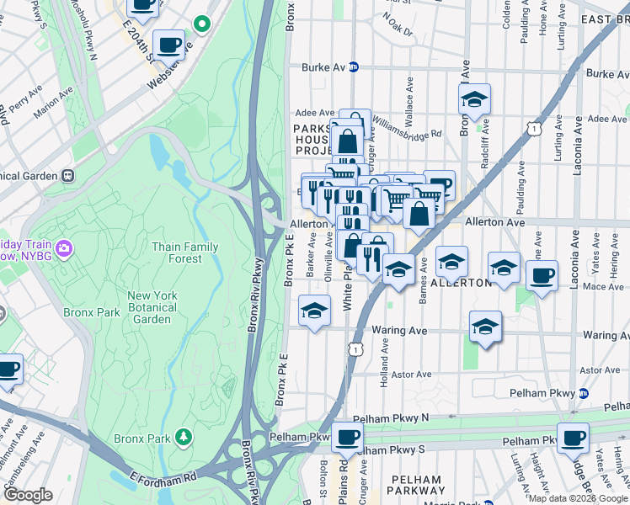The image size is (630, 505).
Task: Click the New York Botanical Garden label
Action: point(152,307)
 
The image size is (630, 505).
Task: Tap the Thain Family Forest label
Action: point(184,252)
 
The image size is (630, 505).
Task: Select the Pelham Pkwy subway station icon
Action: point(583,393)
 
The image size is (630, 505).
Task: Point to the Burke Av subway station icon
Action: point(355,66)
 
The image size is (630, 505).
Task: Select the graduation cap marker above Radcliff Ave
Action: point(474,100)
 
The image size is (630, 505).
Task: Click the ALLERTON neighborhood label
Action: point(461,283)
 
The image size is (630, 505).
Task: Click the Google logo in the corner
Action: point(28,495)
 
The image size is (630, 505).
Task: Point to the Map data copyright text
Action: point(577,498)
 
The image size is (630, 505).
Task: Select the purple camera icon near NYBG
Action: point(64,247)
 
